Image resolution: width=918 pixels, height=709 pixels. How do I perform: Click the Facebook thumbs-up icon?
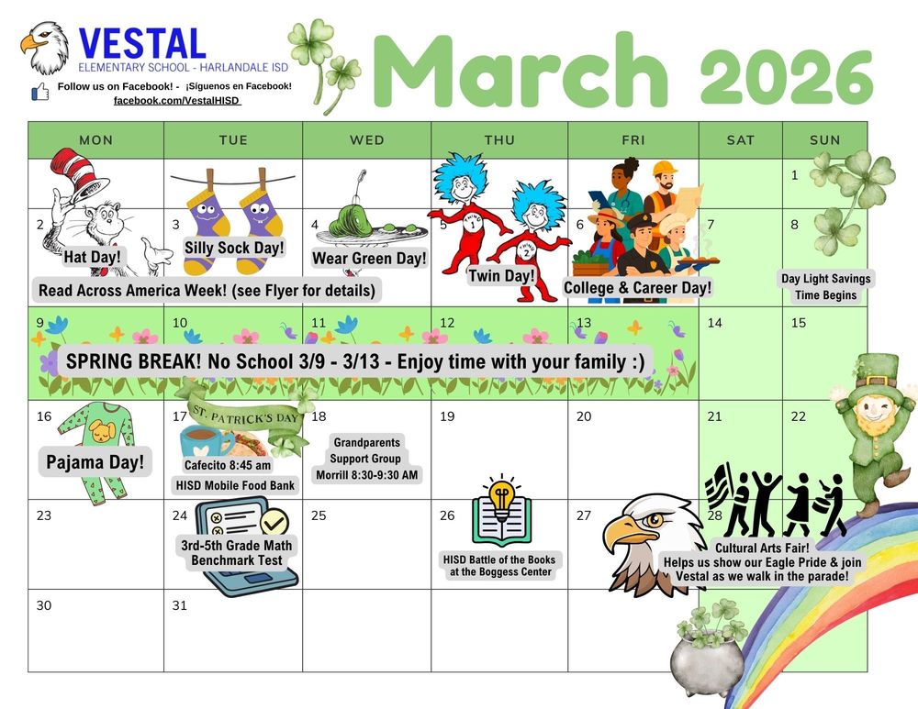click(x=40, y=91)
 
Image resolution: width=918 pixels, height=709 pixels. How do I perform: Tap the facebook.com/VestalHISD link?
click(x=176, y=99)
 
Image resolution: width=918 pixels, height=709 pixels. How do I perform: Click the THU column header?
click(x=499, y=139)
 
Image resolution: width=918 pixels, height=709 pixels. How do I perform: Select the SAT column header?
click(x=740, y=139)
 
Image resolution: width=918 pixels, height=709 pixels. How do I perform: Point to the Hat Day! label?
click(x=92, y=257)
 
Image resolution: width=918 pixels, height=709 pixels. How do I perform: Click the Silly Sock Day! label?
click(x=234, y=248)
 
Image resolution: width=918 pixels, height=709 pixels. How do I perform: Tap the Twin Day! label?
click(x=501, y=275)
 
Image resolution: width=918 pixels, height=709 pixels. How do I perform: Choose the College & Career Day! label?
click(x=637, y=287)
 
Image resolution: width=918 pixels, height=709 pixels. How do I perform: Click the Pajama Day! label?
click(x=95, y=461)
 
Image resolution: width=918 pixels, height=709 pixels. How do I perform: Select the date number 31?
click(x=180, y=605)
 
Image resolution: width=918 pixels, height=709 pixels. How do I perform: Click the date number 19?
click(x=447, y=416)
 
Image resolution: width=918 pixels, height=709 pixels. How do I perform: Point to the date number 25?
click(x=319, y=515)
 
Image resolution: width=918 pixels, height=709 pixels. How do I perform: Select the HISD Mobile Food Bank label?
click(x=234, y=484)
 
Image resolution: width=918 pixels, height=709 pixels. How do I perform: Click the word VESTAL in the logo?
click(x=142, y=44)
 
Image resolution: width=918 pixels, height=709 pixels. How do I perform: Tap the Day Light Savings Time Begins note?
click(x=825, y=286)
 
